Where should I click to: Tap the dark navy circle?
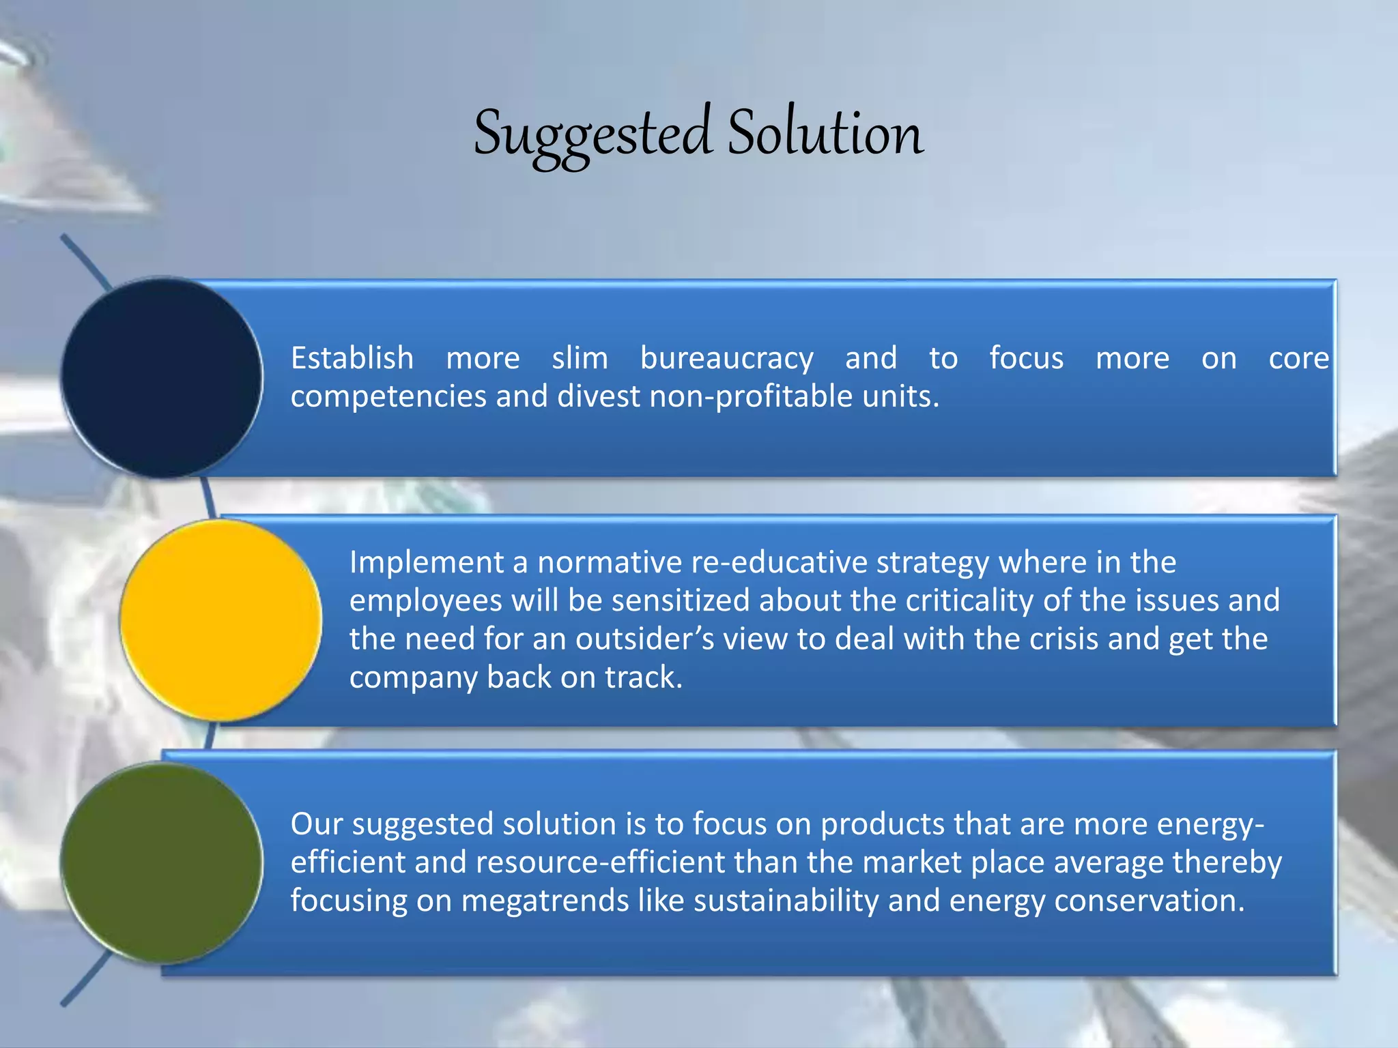pos(162,377)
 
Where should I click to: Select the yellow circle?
pos(221,620)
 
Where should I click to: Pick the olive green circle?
pos(162,862)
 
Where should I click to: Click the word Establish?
pos(352,359)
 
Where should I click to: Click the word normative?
pos(609,563)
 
